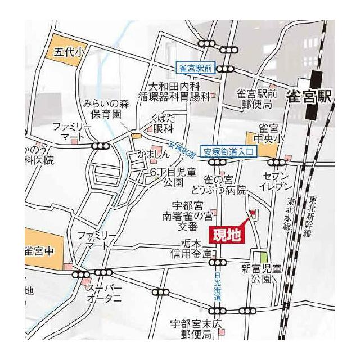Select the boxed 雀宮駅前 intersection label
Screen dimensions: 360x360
(196, 68)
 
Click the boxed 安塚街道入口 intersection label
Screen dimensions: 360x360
(229, 151)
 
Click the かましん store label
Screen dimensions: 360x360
(154, 154)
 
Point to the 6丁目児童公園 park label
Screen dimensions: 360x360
(172, 176)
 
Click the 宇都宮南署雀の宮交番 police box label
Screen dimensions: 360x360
(187, 216)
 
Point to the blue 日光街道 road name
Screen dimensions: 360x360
(218, 286)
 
